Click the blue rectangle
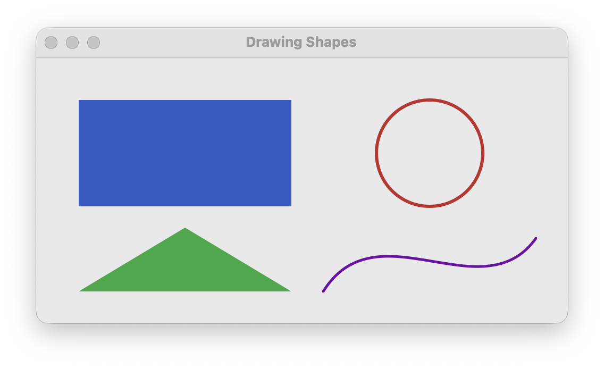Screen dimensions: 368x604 [185, 153]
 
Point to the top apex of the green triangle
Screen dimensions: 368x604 [185, 229]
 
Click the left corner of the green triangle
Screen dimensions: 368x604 [80, 290]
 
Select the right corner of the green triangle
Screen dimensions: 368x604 [290, 290]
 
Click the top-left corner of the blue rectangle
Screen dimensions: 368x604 [79, 101]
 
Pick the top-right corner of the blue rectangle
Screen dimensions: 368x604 [291, 101]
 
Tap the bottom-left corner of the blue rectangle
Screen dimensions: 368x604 [79, 206]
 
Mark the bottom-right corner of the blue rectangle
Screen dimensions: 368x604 [291, 206]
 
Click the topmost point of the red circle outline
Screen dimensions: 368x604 [430, 100]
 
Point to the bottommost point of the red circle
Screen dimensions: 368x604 [430, 206]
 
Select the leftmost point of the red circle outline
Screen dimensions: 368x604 [376, 153]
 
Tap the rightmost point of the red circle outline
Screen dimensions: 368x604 [483, 153]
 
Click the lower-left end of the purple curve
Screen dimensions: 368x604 [323, 291]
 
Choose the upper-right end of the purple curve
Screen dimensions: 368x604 [535, 238]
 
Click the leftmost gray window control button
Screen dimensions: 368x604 [51, 43]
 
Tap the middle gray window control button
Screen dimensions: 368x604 [72, 43]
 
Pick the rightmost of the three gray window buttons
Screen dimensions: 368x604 [94, 43]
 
